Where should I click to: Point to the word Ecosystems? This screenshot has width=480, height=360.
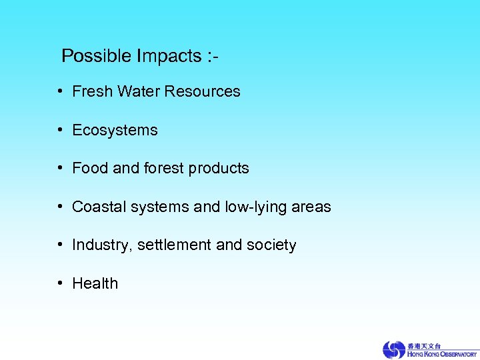(x=115, y=131)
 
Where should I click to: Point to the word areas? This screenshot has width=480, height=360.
(x=311, y=207)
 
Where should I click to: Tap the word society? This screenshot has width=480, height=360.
(x=271, y=246)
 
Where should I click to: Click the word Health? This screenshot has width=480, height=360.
(x=95, y=283)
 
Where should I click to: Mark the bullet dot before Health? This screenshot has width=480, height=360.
(x=60, y=283)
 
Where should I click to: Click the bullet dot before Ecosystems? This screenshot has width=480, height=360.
(x=60, y=131)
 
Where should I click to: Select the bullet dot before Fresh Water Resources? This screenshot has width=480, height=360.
(x=60, y=91)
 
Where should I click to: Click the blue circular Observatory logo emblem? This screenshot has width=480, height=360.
(x=393, y=349)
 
